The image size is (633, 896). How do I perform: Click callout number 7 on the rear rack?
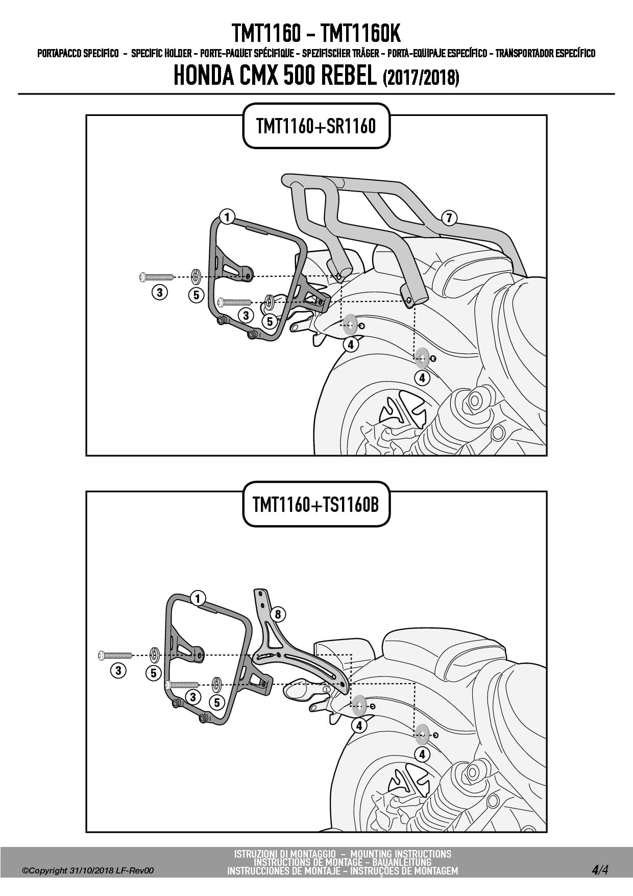449,218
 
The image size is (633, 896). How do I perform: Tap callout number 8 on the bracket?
278,614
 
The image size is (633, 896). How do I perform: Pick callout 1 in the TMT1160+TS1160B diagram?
198,598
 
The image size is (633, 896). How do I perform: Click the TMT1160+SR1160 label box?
316,126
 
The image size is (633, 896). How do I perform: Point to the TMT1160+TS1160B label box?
316,504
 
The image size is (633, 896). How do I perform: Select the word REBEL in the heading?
350,76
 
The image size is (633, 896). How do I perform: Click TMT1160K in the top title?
361,34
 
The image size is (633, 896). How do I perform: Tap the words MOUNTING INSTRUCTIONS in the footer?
401,854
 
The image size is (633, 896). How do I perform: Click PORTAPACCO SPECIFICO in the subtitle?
78,53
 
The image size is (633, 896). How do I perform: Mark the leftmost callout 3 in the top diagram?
160,292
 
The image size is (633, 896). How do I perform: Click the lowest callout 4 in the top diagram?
422,378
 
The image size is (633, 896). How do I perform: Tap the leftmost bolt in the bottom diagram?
115,654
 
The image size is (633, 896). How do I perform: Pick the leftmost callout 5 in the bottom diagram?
154,673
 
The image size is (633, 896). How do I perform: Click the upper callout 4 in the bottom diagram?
359,725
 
